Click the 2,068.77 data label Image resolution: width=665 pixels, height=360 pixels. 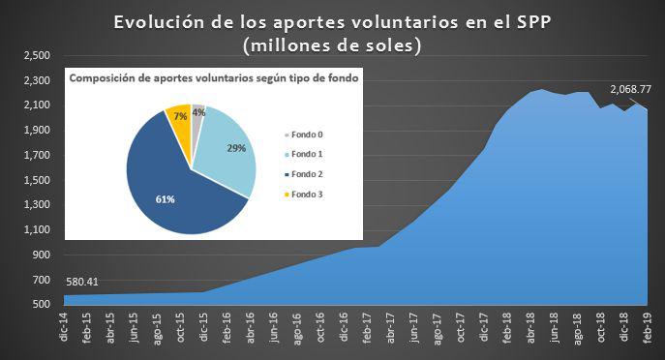coord(630,91)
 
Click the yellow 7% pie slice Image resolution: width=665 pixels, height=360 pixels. coord(178,116)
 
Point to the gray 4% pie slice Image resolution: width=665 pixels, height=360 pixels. coord(197,111)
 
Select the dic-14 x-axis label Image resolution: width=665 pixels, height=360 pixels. coord(63,329)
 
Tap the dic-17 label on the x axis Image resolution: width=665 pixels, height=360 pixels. coord(483,329)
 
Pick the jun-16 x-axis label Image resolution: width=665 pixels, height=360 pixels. coord(274,329)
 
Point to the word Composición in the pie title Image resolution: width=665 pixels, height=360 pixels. coord(108,80)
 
